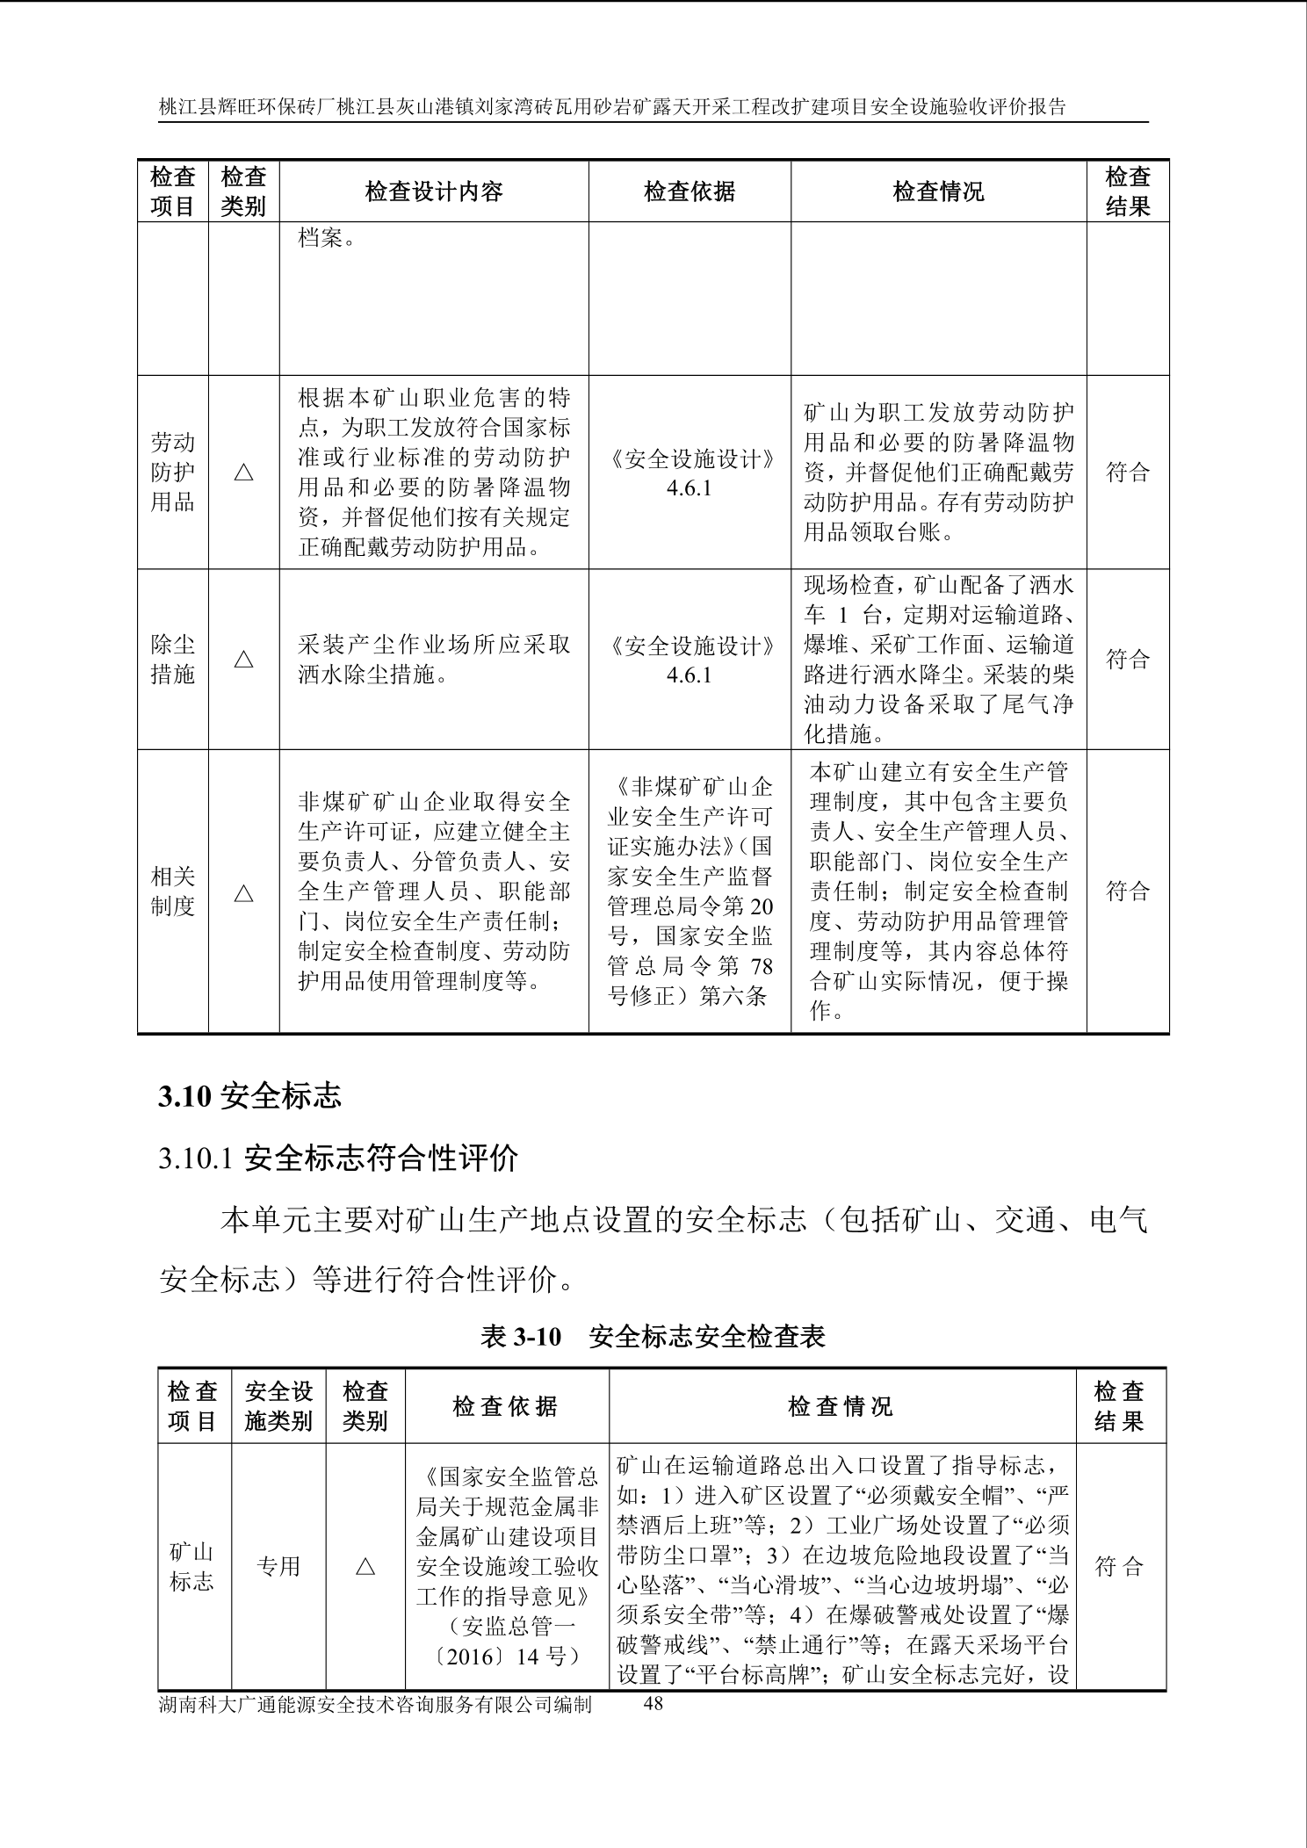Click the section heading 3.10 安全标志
249,1096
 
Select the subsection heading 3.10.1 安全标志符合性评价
338,1159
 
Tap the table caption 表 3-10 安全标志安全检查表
653,1337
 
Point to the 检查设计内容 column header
434,191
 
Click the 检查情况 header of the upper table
938,191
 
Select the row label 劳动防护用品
172,473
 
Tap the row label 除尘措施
172,660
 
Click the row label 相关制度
172,892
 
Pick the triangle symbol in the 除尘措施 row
244,660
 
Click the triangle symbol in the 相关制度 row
244,894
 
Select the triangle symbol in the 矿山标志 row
365,1567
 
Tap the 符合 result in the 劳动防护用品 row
1128,473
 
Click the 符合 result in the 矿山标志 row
1120,1566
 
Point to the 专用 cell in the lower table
278,1566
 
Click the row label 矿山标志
191,1566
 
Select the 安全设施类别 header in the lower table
278,1406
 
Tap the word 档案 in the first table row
321,238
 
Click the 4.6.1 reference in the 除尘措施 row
689,675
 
